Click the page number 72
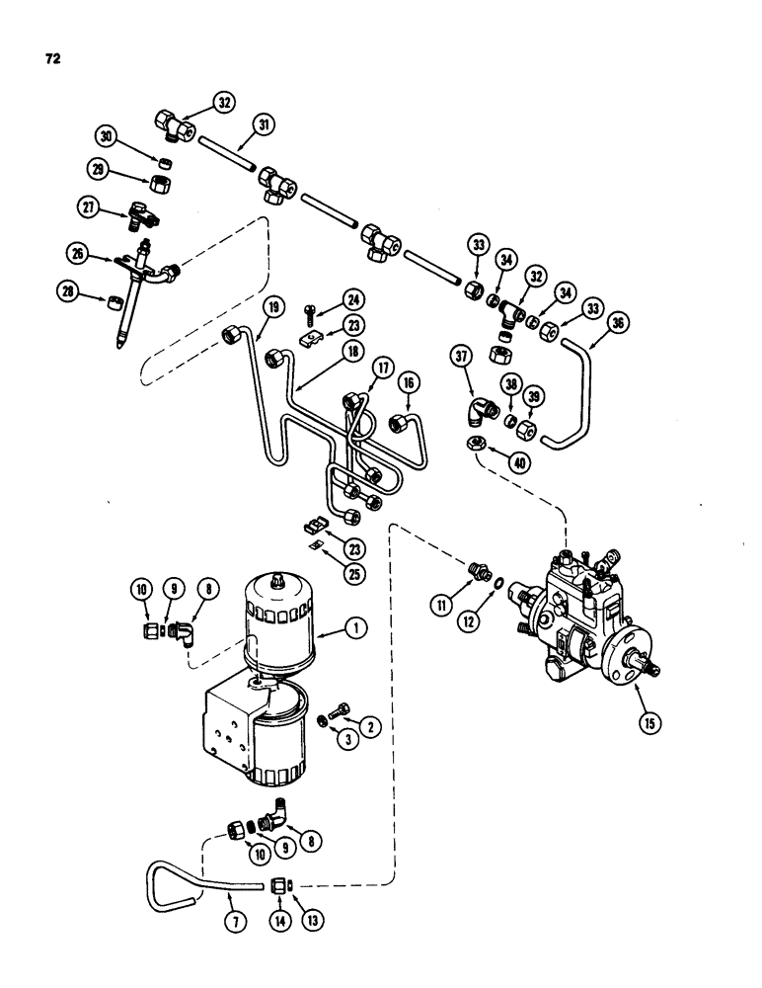coord(52,59)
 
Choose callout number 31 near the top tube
coord(266,126)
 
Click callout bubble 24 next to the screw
coord(327,299)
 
